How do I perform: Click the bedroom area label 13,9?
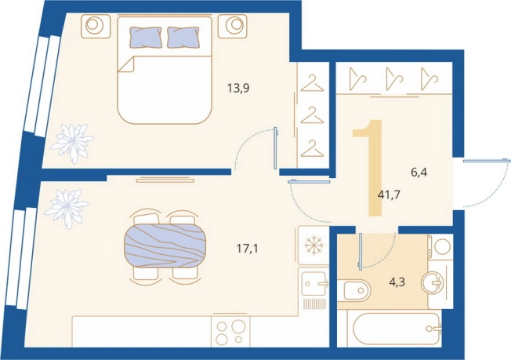click(238, 88)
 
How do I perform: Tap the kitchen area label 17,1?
click(247, 249)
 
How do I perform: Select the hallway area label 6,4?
click(419, 172)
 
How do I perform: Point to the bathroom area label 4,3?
click(397, 282)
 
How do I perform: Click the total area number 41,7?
click(389, 195)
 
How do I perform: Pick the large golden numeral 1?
click(368, 167)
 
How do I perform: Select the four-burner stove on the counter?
click(230, 331)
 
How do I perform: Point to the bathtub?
click(393, 328)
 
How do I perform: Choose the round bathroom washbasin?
click(432, 282)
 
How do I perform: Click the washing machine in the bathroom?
click(440, 246)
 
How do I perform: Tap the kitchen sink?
click(314, 283)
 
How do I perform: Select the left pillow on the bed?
click(146, 37)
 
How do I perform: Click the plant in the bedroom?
click(72, 143)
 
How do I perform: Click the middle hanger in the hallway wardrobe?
click(395, 78)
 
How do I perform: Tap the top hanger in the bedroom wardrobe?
click(312, 83)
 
